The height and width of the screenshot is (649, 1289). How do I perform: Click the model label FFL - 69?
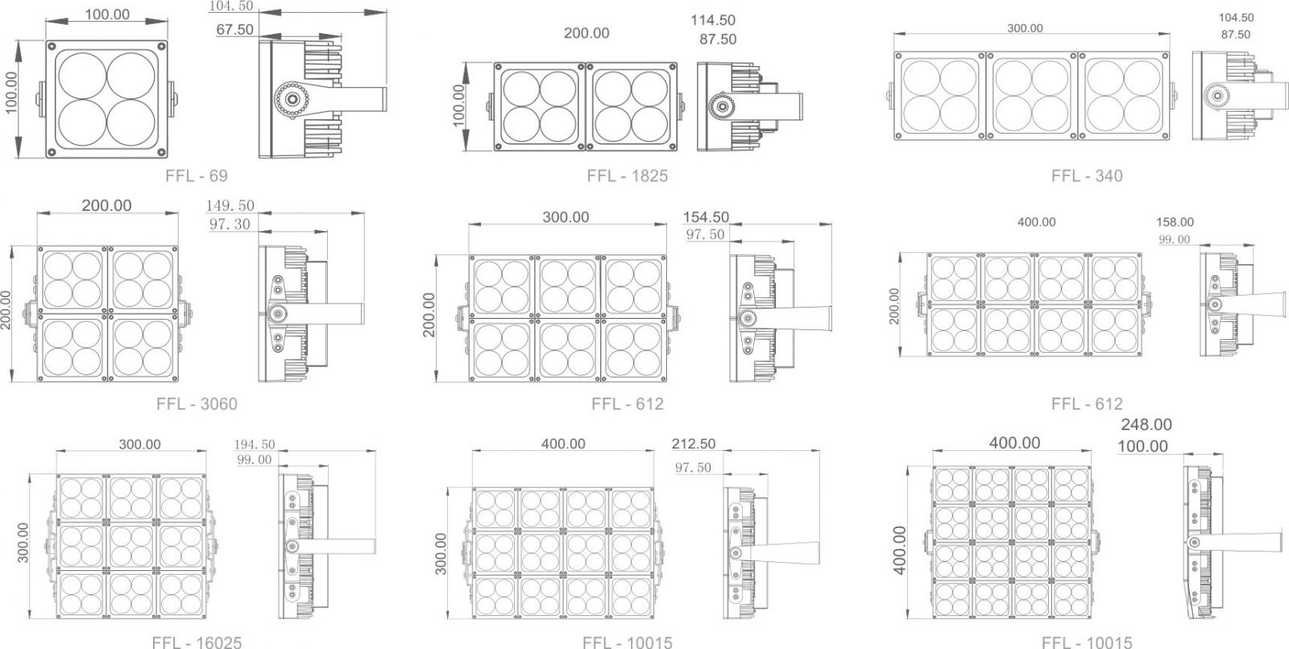197,176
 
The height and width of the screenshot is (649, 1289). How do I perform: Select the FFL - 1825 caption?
628,176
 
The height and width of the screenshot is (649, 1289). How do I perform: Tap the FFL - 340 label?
1087,176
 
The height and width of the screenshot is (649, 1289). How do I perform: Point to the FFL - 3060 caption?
197,404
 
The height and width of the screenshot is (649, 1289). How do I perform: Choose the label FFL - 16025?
197,642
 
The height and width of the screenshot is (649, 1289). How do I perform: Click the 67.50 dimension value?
234,29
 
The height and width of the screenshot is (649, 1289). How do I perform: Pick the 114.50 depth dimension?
713,20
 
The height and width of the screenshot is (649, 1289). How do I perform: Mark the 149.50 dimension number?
230,205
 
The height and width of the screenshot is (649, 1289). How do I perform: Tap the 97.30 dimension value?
230,224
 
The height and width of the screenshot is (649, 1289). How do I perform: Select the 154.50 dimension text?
706,217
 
